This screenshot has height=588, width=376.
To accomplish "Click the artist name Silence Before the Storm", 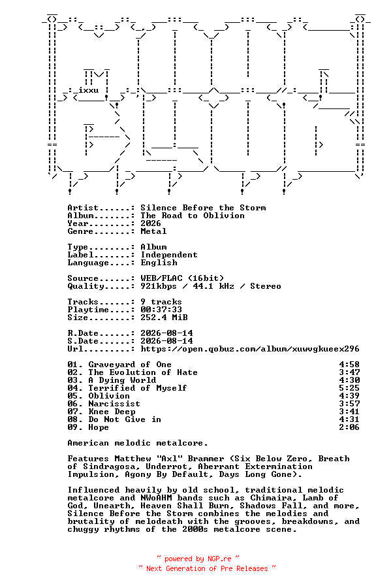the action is click(x=204, y=208).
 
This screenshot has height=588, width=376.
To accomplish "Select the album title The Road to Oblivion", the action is click(x=193, y=216).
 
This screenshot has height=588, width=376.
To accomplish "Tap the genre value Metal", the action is click(x=153, y=231).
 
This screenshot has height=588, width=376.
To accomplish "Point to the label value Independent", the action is click(x=169, y=255).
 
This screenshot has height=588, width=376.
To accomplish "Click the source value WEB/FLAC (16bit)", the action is click(x=182, y=278).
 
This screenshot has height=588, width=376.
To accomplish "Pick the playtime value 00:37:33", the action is click(x=161, y=310).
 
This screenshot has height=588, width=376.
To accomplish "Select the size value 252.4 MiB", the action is click(x=164, y=318).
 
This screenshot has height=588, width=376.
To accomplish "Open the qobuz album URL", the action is click(x=250, y=349).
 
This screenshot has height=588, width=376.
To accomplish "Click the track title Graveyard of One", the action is click(x=130, y=365).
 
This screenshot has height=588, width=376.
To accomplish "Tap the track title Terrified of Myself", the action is click(x=138, y=388).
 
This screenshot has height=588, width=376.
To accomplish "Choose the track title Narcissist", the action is click(x=114, y=404).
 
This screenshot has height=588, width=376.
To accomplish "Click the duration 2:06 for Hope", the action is click(x=349, y=427).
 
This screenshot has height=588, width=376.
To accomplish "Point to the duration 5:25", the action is click(x=349, y=388).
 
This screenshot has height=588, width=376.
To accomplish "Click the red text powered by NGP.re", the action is click(x=198, y=559).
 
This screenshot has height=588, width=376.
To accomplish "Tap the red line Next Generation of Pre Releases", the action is click(x=207, y=568).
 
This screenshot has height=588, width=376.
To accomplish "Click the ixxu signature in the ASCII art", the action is click(x=88, y=90).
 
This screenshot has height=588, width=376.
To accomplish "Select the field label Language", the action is click(x=88, y=263).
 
